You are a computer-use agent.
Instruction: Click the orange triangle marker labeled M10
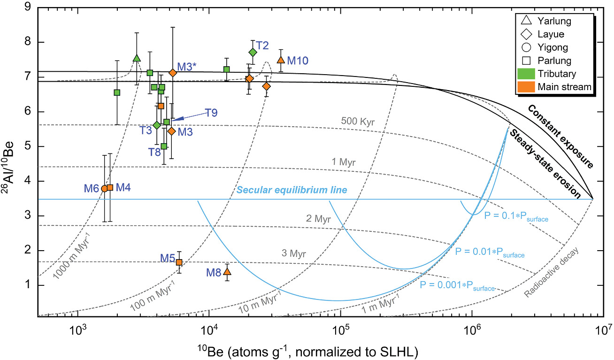click(x=281, y=60)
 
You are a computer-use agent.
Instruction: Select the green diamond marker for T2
click(x=253, y=52)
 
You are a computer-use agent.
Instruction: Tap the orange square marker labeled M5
click(x=179, y=262)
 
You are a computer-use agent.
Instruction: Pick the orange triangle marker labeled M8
click(x=227, y=271)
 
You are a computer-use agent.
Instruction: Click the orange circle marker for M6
click(x=104, y=188)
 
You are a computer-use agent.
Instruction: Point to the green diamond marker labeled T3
click(x=157, y=125)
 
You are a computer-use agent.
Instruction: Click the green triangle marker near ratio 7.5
click(x=137, y=58)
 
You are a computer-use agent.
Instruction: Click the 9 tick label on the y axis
click(x=28, y=7)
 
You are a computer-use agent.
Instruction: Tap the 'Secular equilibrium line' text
click(x=292, y=191)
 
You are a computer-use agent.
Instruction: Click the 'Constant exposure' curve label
click(x=560, y=136)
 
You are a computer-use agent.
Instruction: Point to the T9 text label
click(x=211, y=113)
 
